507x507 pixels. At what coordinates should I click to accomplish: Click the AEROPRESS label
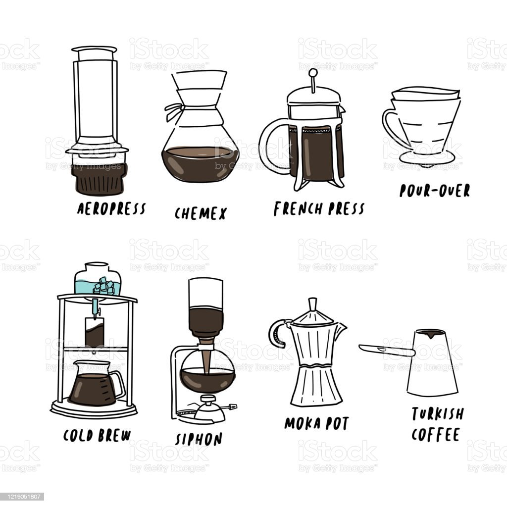(x=111, y=208)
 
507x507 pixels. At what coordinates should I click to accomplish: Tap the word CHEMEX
(x=201, y=213)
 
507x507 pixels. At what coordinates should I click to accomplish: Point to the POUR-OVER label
(x=434, y=191)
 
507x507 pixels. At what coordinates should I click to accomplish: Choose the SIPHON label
(x=199, y=439)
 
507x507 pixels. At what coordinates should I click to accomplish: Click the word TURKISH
(x=438, y=413)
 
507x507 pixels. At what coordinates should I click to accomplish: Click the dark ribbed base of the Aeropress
(x=98, y=179)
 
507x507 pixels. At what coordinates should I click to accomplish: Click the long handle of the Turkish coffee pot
(x=386, y=350)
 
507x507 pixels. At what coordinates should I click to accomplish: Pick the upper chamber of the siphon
(x=205, y=302)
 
